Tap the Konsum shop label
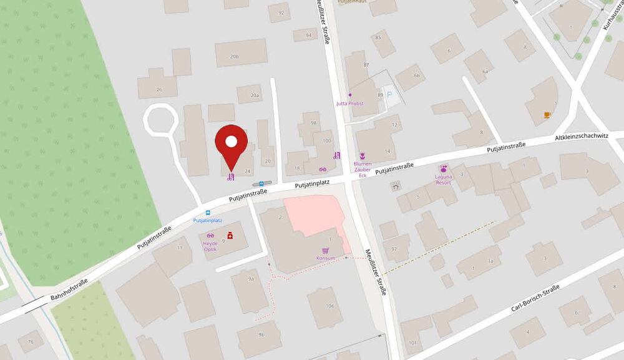coord(326,258)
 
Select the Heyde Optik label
coord(210,248)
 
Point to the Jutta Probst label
coord(349,103)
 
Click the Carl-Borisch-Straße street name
coord(535,298)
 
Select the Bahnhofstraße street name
coord(71,290)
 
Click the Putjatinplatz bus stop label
coord(208,220)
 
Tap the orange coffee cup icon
coord(547,114)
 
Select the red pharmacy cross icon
coord(230,235)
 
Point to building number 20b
coord(234,56)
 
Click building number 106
coord(329,306)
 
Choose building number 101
coord(412,342)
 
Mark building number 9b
coord(261,335)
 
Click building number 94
coord(308,36)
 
